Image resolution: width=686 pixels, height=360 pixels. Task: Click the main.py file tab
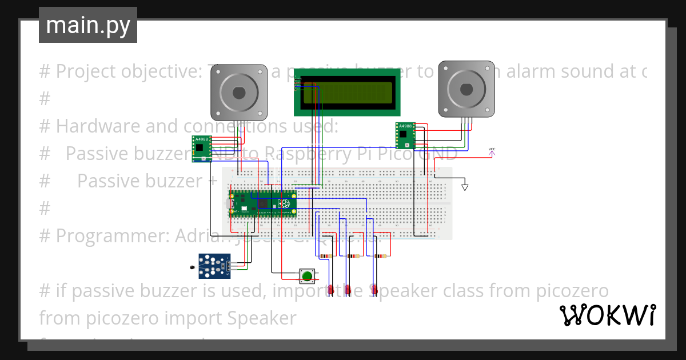(x=87, y=26)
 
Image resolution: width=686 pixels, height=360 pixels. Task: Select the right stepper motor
(x=466, y=89)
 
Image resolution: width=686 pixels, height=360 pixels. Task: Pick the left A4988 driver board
(x=202, y=149)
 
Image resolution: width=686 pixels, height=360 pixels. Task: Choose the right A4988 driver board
(x=405, y=135)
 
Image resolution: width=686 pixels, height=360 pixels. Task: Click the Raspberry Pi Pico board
(x=263, y=204)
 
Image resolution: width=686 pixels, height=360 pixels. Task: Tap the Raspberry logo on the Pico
(x=284, y=204)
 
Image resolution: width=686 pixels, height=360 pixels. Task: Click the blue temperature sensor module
(x=214, y=266)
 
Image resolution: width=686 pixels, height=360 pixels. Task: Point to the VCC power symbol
(x=492, y=151)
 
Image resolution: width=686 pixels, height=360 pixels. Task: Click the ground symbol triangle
(x=465, y=187)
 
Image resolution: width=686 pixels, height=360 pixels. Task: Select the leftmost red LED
(x=331, y=290)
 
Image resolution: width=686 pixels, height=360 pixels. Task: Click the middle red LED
(x=348, y=290)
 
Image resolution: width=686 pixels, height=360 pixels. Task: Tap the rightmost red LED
(x=374, y=290)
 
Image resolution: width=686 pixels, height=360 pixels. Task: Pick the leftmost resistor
(x=327, y=257)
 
